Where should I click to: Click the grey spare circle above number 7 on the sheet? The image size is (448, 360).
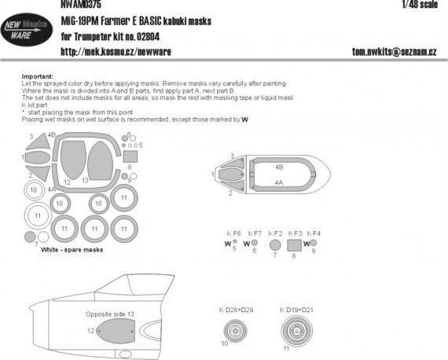(x=30, y=237)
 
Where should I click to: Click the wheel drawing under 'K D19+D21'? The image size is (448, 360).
(x=292, y=331)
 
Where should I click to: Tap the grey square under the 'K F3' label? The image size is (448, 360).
(x=292, y=244)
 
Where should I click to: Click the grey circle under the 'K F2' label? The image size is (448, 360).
(x=274, y=244)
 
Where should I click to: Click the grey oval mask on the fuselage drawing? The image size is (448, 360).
(x=114, y=333)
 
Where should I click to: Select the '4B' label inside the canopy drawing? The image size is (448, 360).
(x=279, y=168)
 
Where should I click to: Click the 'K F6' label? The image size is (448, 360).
(x=233, y=233)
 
